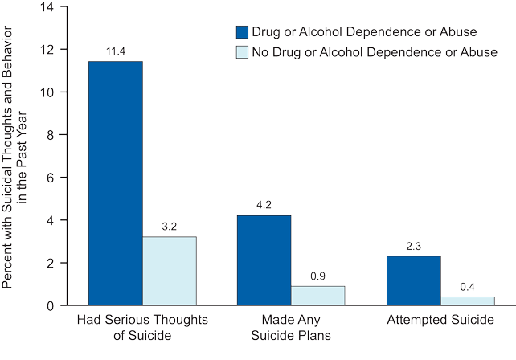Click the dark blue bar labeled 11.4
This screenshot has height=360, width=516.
pos(116,183)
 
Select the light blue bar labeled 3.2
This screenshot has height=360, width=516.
pos(170,271)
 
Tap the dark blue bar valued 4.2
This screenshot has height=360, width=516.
pos(264,260)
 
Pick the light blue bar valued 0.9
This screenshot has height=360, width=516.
pos(317,296)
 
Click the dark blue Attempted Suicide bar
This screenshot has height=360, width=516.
pos(413,280)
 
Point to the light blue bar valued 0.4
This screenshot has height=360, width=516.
pos(467,301)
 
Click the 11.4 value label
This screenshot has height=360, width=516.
pos(116,51)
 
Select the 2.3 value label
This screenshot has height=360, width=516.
pos(413,246)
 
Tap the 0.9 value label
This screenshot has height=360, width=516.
pos(317,276)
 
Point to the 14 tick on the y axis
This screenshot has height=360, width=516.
pos(51,7)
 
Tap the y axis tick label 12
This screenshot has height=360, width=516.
pos(51,50)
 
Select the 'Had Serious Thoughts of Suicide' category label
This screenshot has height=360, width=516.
pos(142,327)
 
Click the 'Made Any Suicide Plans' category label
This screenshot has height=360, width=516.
pos(291,327)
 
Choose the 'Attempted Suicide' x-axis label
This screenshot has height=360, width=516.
pos(440,321)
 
